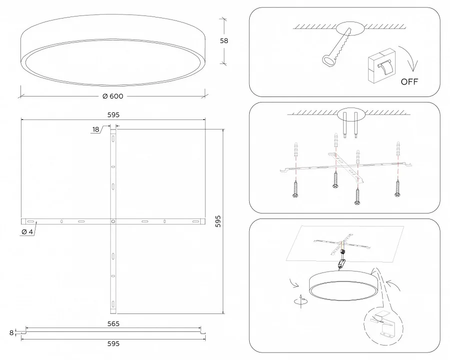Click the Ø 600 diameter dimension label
click(x=113, y=96)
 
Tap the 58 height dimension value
click(x=224, y=41)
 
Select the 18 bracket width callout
click(x=95, y=129)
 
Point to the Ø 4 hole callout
click(x=27, y=232)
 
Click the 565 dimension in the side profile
click(x=113, y=324)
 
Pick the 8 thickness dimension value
click(x=11, y=332)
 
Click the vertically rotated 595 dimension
click(x=218, y=221)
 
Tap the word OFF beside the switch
click(x=409, y=82)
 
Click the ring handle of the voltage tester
click(x=329, y=60)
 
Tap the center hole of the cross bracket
click(x=113, y=221)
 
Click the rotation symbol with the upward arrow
click(x=301, y=301)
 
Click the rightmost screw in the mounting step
click(x=398, y=188)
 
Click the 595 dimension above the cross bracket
click(x=113, y=115)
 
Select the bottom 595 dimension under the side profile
click(x=113, y=343)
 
